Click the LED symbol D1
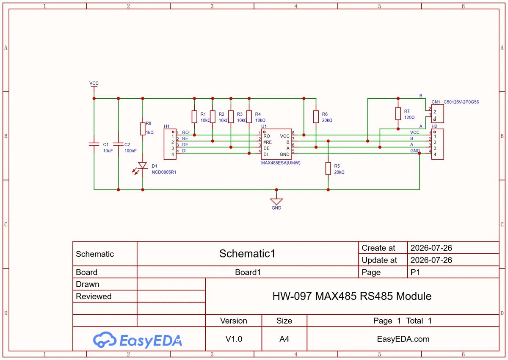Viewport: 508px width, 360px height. click(142, 165)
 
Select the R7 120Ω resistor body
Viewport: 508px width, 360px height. click(398, 114)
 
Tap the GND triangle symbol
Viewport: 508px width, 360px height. click(276, 202)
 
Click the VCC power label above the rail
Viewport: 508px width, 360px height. click(94, 83)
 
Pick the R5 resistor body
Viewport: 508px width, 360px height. click(328, 168)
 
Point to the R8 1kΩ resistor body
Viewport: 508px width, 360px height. click(142, 129)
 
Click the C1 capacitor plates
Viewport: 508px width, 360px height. click(94, 144)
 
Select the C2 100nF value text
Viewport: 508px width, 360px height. click(130, 151)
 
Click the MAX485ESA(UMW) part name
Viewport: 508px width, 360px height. click(281, 163)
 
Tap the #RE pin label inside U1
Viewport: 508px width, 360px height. click(268, 142)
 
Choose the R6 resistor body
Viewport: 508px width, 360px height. click(316, 116)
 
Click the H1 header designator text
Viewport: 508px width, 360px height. click(166, 126)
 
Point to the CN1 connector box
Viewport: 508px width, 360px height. click(437, 114)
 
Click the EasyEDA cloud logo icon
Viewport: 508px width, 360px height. click(105, 339)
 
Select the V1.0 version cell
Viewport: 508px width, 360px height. click(234, 339)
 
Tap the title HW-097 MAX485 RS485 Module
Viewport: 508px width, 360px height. click(352, 296)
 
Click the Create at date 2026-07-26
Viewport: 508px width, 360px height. click(431, 248)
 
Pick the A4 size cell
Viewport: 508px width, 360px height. click(284, 339)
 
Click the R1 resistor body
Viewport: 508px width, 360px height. click(194, 116)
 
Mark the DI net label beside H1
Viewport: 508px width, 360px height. click(184, 151)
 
